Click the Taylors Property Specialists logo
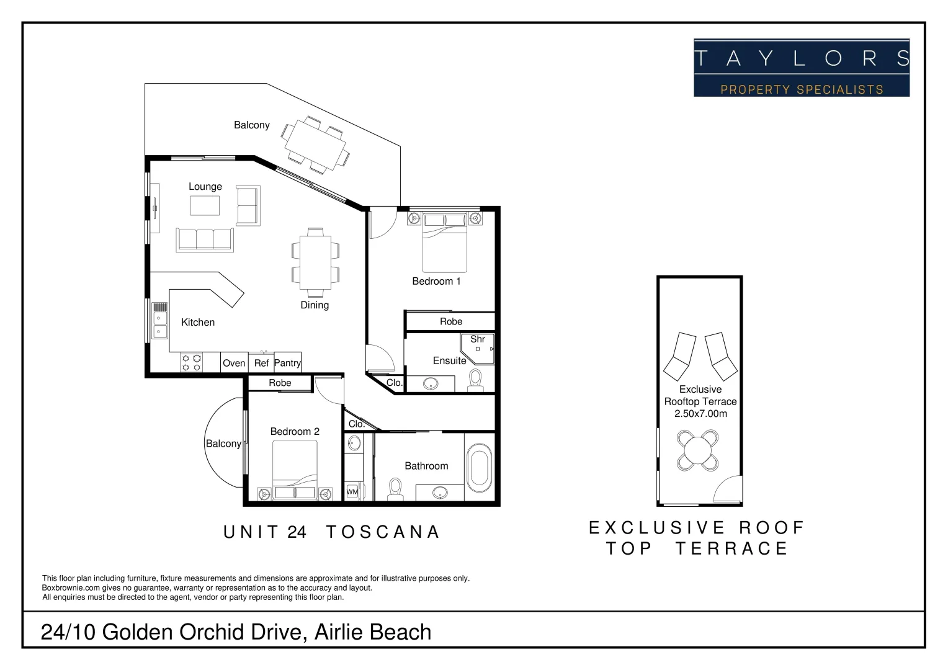click(x=801, y=68)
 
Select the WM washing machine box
click(x=352, y=491)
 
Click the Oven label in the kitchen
click(x=234, y=363)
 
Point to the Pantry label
click(x=287, y=363)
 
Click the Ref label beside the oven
click(x=261, y=363)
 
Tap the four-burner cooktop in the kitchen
click(x=191, y=362)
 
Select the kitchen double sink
click(x=160, y=323)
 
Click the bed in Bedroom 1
click(x=444, y=243)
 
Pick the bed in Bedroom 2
click(x=295, y=470)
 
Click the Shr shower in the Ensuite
click(x=478, y=347)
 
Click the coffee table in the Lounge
click(x=205, y=205)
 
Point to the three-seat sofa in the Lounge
click(x=205, y=239)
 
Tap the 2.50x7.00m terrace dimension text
click(x=700, y=414)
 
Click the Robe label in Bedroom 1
click(x=451, y=321)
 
